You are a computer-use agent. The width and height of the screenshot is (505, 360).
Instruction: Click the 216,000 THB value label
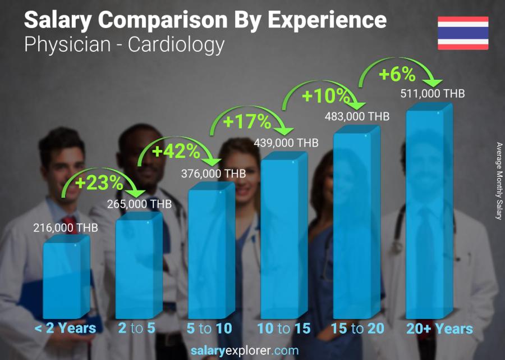(x=66, y=228)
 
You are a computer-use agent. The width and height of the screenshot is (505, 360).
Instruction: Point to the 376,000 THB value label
(x=213, y=174)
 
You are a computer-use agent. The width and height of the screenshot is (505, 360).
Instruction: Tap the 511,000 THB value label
(x=432, y=94)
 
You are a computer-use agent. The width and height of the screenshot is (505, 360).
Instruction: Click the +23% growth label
(x=99, y=183)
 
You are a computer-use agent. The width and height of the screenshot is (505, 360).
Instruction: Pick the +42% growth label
(x=176, y=151)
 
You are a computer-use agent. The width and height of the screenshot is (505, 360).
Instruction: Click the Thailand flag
(x=463, y=33)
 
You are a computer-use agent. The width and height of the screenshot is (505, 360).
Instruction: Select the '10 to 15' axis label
(x=283, y=329)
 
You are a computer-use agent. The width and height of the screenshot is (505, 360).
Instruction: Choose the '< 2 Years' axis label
(x=66, y=329)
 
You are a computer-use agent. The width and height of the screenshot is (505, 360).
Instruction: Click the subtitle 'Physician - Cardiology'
(x=125, y=44)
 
